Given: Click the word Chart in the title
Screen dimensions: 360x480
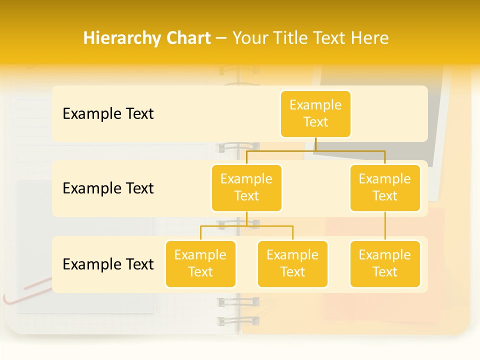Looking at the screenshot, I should [x=185, y=38].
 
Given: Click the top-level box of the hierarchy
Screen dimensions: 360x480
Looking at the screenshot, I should [x=315, y=113].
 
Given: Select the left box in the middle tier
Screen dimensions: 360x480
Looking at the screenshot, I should [x=246, y=187].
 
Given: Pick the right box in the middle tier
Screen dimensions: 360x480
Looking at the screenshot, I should [x=385, y=187].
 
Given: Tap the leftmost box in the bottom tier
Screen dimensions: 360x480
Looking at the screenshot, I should [x=200, y=263].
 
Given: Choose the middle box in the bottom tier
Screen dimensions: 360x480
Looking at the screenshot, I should [x=292, y=263].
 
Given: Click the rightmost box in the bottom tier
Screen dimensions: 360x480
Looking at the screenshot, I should [x=385, y=263].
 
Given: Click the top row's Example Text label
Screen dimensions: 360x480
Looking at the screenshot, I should [x=108, y=113].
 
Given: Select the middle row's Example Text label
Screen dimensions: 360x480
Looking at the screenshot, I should [x=108, y=188].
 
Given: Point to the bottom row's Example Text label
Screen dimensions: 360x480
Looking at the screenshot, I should [x=108, y=264].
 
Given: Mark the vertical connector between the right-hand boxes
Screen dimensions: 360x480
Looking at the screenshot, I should [x=385, y=226].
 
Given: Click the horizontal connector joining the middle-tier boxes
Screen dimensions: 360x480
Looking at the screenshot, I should [x=315, y=150].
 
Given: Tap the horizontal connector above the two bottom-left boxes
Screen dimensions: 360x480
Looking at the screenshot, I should [x=246, y=226].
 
